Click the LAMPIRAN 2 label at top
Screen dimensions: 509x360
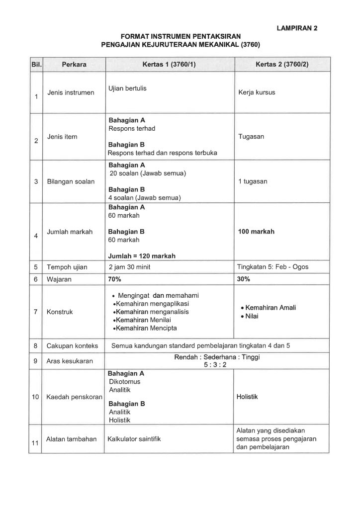tap(296, 28)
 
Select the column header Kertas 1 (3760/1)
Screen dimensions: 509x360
tap(169, 65)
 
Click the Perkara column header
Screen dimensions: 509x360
tap(74, 65)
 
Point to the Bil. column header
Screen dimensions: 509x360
tap(36, 65)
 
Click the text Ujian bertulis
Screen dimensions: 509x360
tap(127, 88)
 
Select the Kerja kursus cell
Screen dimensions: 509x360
tap(257, 92)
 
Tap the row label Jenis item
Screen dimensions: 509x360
tap(62, 137)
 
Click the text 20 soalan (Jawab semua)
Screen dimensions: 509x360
tap(148, 173)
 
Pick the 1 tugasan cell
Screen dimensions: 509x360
tap(253, 181)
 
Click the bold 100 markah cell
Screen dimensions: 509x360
tap(256, 232)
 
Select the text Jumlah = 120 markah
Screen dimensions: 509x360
tap(142, 256)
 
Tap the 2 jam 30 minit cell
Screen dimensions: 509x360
tap(130, 267)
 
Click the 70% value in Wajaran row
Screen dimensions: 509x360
tap(115, 279)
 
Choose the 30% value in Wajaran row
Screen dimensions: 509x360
tap(244, 279)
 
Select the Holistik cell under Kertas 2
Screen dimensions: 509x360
tap(247, 397)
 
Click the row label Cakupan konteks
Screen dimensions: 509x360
tap(72, 345)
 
